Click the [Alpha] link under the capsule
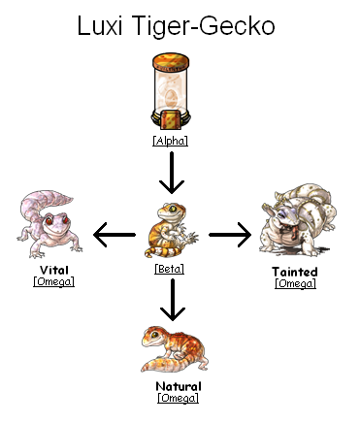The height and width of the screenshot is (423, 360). pyautogui.click(x=170, y=142)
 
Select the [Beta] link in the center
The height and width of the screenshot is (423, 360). pyautogui.click(x=170, y=269)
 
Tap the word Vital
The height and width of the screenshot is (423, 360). pyautogui.click(x=53, y=269)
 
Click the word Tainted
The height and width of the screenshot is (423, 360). pyautogui.click(x=295, y=272)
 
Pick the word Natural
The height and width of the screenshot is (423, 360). pyautogui.click(x=179, y=385)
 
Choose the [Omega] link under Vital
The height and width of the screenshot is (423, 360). pyautogui.click(x=53, y=281)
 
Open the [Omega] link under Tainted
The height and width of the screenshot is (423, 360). pyautogui.click(x=295, y=283)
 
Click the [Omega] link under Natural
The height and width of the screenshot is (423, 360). pyautogui.click(x=179, y=398)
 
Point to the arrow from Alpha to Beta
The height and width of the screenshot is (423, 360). pyautogui.click(x=171, y=176)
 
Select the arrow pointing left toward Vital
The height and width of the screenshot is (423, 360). pyautogui.click(x=114, y=233)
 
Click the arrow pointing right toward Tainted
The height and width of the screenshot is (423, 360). pyautogui.click(x=229, y=233)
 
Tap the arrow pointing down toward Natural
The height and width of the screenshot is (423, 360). pyautogui.click(x=171, y=301)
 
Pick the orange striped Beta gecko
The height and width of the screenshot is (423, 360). pyautogui.click(x=172, y=233)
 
